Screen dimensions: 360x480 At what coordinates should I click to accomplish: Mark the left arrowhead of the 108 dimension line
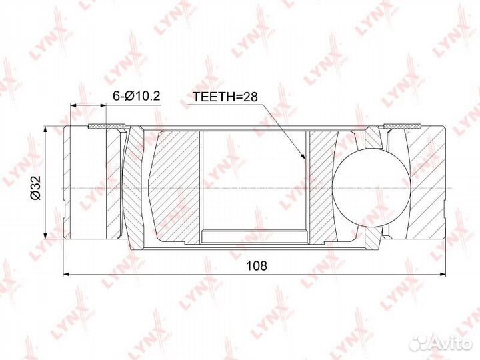66,274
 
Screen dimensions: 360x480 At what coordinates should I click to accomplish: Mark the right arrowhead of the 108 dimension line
441,274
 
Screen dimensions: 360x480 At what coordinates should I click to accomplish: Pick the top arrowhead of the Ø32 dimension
44,128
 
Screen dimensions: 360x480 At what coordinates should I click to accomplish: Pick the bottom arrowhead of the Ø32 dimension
44,236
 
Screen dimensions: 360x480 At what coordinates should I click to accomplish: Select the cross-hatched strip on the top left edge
107,125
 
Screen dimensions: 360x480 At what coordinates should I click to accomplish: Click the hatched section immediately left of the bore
177,187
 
